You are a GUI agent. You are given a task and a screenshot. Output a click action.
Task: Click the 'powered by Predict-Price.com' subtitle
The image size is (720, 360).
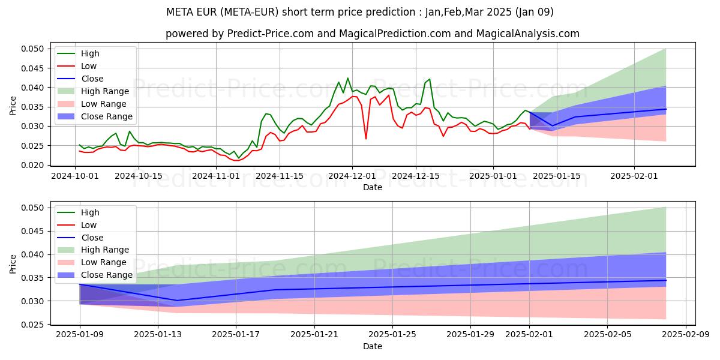(373, 34)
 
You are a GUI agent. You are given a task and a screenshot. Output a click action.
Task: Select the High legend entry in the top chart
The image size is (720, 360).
(90, 53)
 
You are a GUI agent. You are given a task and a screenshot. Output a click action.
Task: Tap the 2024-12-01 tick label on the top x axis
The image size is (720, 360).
(352, 175)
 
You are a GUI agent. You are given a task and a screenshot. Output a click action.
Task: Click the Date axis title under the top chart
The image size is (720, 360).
(373, 187)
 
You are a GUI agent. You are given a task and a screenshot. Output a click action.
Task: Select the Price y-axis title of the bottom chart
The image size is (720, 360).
(13, 263)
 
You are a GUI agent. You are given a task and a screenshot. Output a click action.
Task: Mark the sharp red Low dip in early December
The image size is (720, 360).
(366, 139)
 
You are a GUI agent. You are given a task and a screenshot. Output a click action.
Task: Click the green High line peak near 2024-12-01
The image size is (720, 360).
(347, 78)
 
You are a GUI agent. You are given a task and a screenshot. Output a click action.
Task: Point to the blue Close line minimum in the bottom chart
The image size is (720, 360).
(177, 301)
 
